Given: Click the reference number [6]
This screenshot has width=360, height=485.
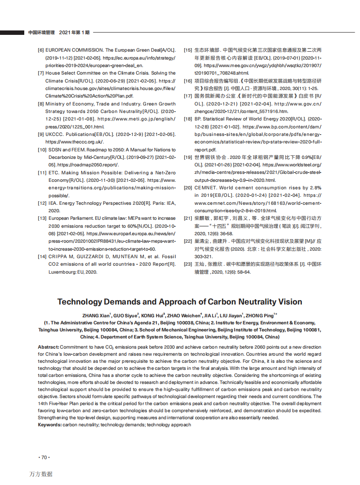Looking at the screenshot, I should tap(41, 50).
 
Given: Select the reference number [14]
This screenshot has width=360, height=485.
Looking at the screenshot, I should tap(42, 256).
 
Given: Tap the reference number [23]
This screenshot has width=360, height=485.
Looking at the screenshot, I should tap(187, 264).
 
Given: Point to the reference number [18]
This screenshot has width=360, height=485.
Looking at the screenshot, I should tap(187, 119).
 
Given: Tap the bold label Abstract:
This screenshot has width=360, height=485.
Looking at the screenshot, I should tap(49, 347).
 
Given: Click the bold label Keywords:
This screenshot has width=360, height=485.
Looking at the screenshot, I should tap(50, 425).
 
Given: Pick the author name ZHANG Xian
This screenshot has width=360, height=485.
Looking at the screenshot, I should tap(96, 315).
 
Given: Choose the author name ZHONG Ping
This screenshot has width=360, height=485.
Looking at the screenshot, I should tap(262, 315).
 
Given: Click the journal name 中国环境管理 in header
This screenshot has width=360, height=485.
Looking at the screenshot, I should tap(41, 33).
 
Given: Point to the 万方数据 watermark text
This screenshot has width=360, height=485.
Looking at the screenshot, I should tap(41, 474).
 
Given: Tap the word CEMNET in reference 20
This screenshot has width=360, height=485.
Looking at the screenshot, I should tap(205, 188).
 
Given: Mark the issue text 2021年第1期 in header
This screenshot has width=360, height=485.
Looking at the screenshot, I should tap(74, 33).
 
